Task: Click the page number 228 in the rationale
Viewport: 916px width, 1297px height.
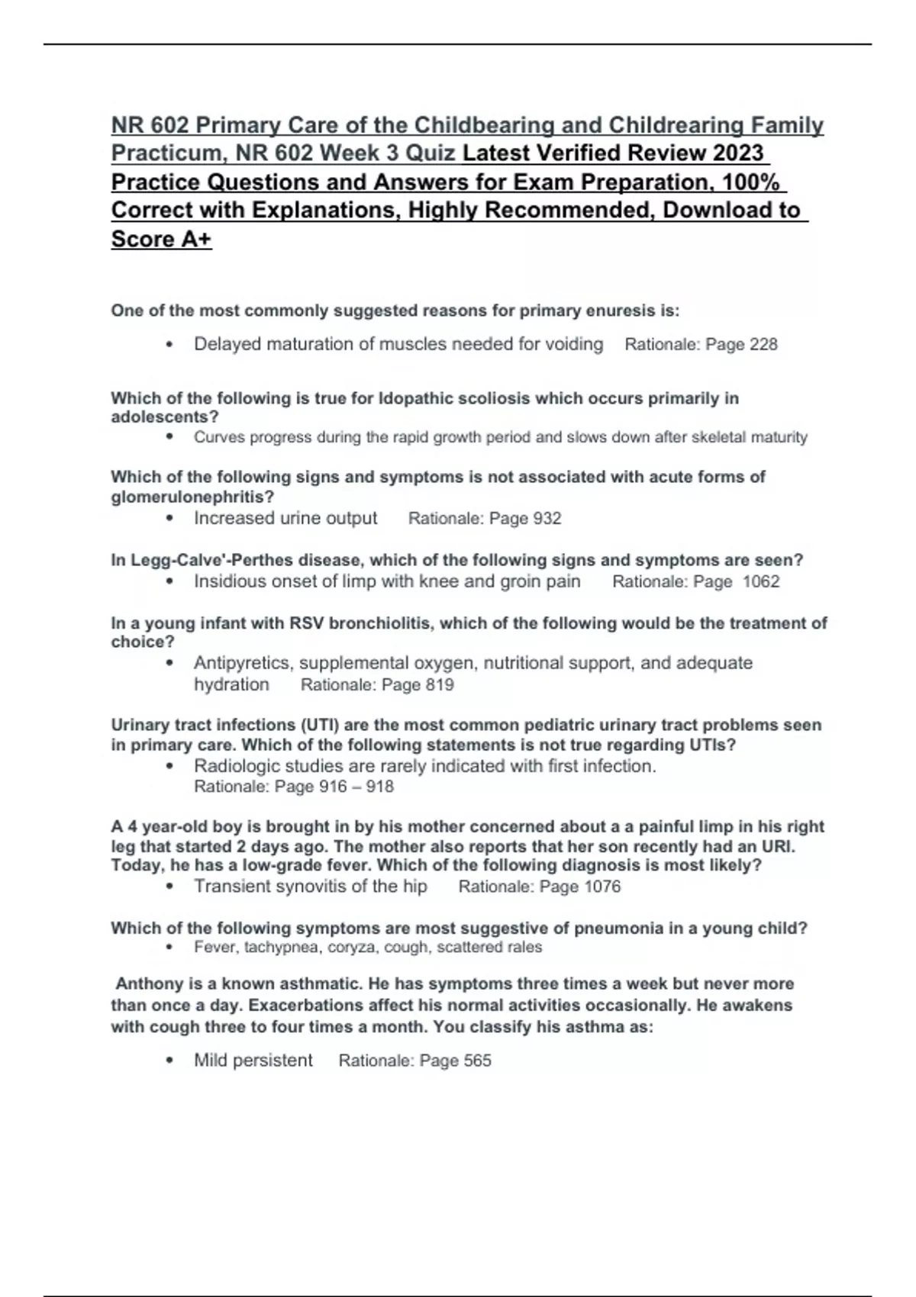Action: (763, 345)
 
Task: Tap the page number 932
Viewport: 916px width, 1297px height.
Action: (547, 519)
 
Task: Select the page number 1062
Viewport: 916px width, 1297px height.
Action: (761, 582)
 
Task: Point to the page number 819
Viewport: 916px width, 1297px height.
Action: (440, 685)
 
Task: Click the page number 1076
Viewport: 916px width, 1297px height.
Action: (602, 887)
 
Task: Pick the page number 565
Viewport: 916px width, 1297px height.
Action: (477, 1061)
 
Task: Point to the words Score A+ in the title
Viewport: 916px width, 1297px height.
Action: (161, 240)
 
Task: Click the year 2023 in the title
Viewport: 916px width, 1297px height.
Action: (737, 153)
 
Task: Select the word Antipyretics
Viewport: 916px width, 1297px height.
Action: (243, 663)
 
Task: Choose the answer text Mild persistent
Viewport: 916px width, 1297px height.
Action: (253, 1060)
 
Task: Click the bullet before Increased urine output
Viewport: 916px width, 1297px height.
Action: (169, 519)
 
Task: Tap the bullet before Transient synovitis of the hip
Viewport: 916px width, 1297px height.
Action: (169, 887)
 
